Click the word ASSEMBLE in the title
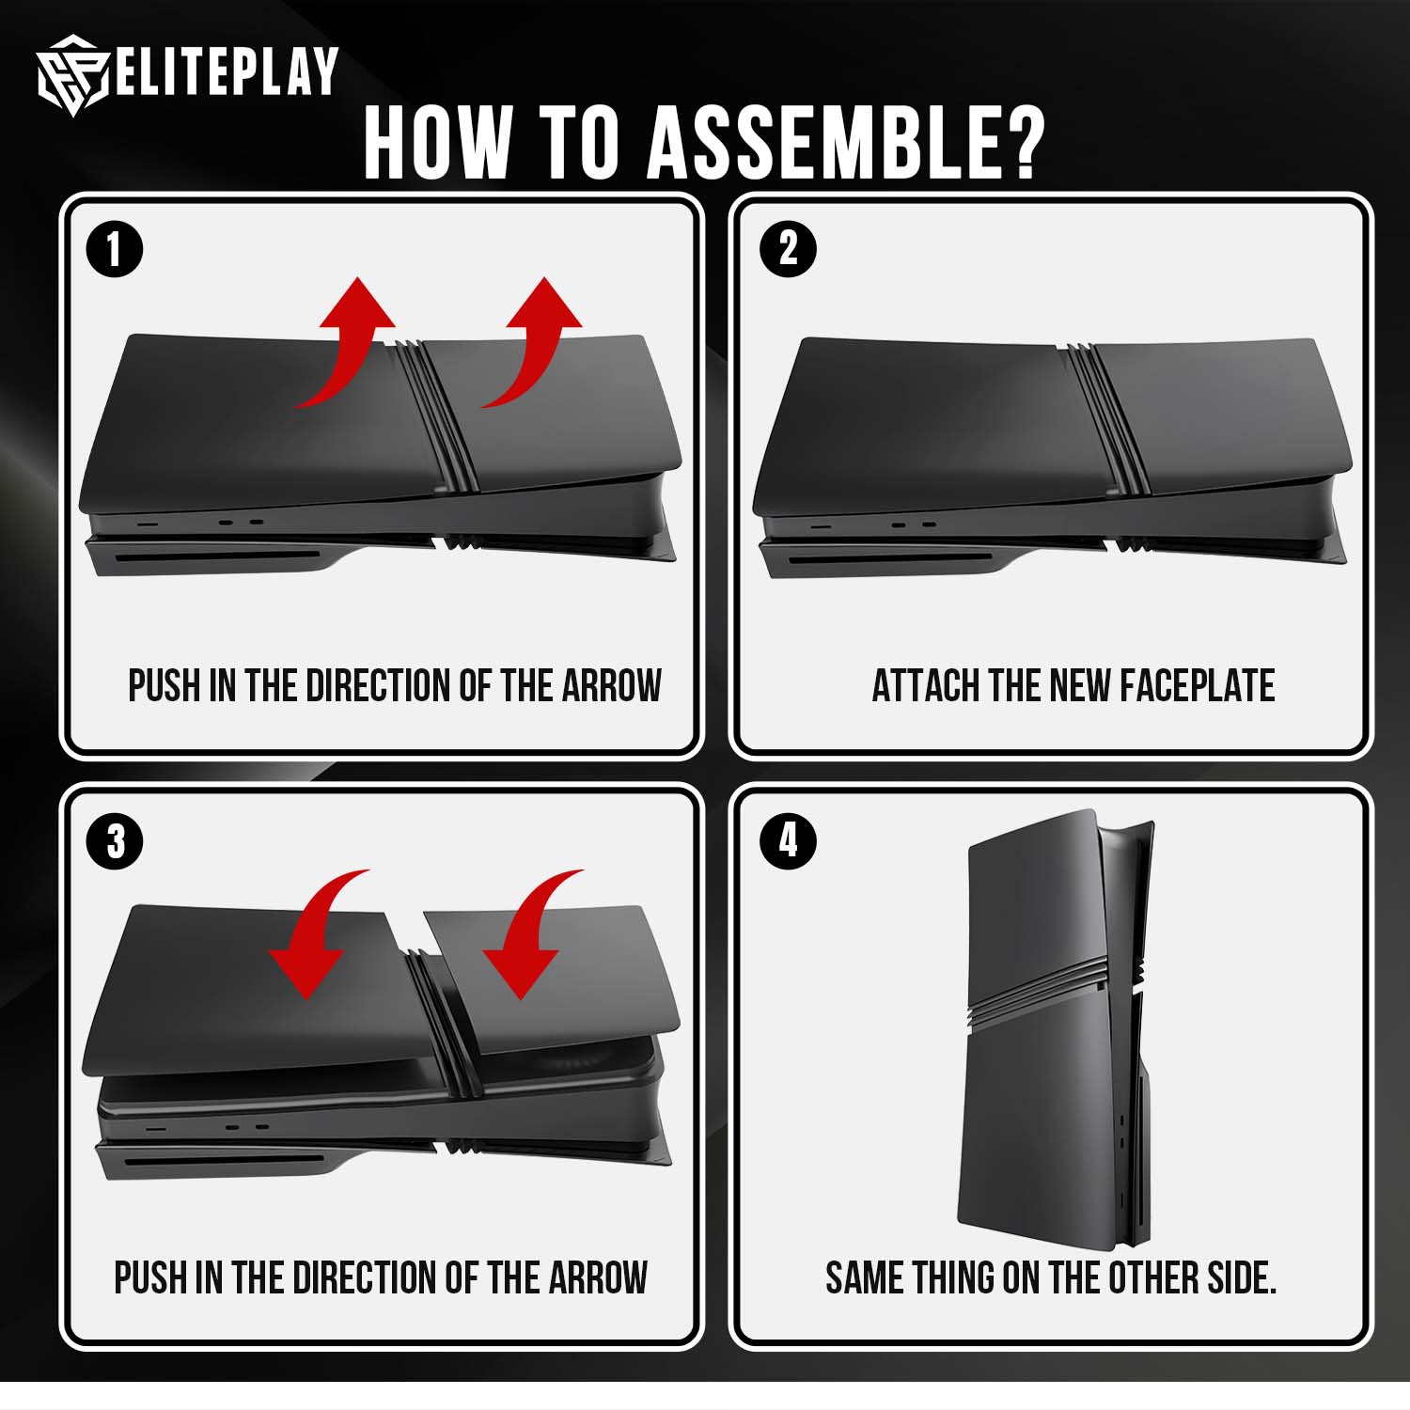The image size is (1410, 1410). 845,142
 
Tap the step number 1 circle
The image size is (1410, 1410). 114,250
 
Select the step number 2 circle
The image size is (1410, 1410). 788,249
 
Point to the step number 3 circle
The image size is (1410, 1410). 115,841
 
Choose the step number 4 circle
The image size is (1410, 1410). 788,840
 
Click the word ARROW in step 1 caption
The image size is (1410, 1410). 612,686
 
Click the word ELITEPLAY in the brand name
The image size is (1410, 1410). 227,71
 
